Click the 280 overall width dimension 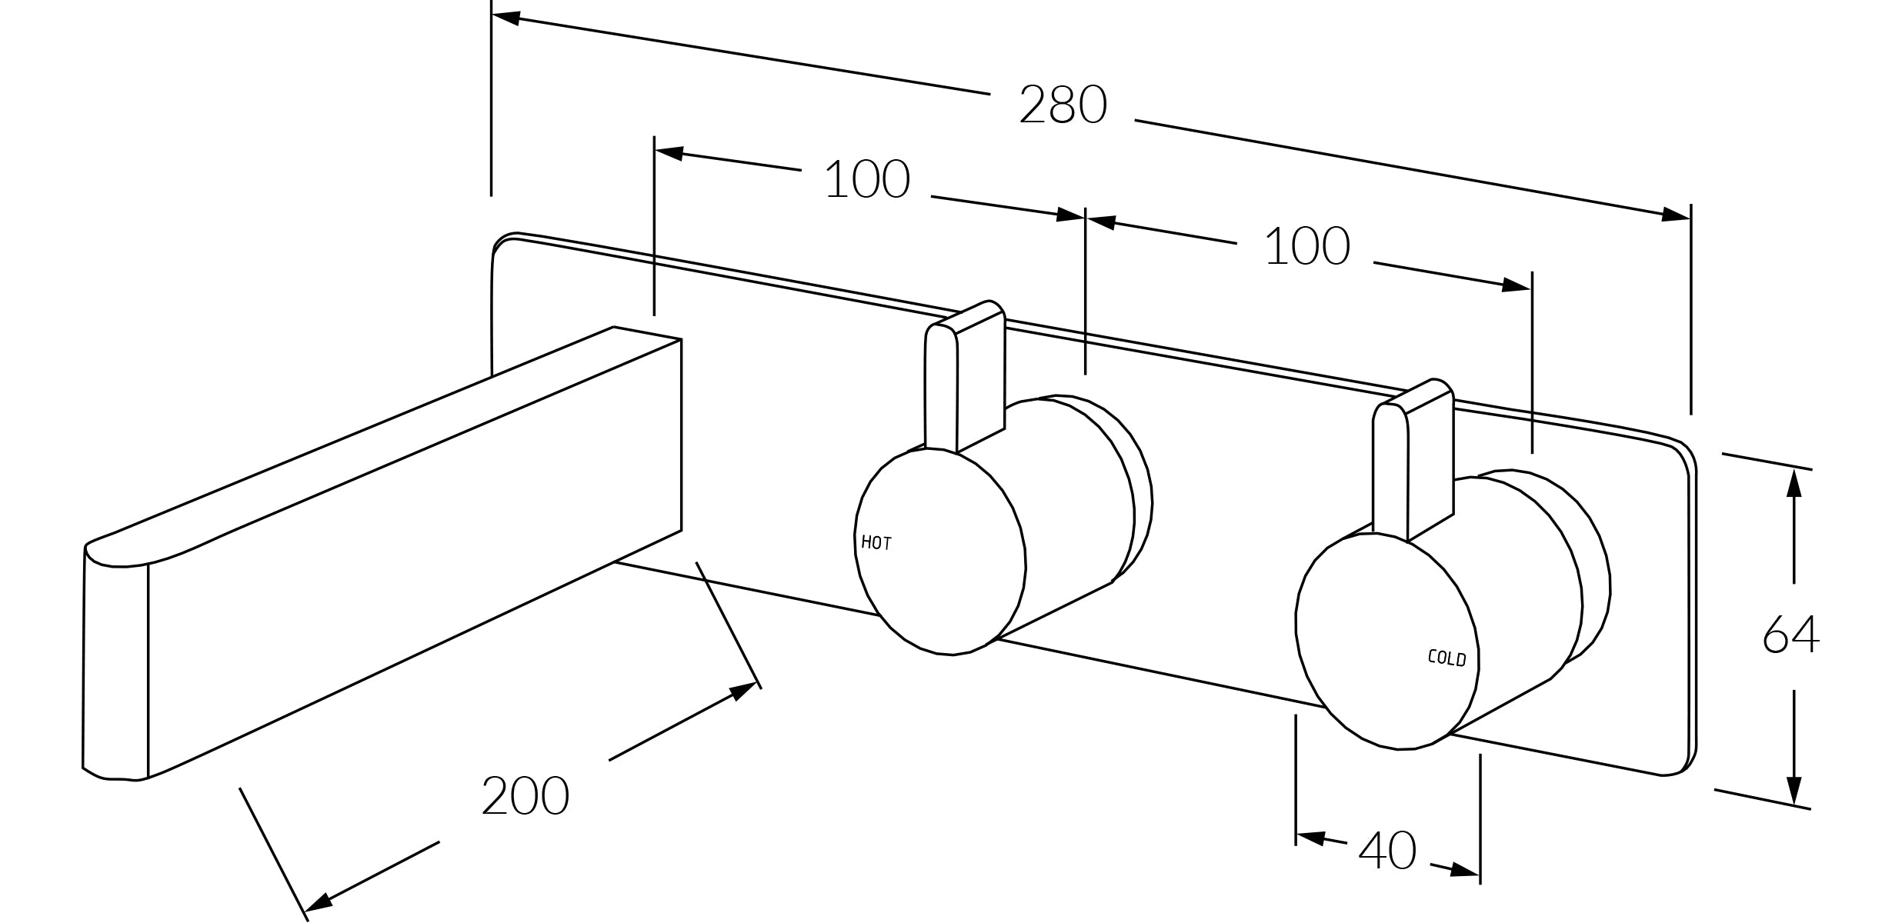click(1063, 105)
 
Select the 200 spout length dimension click(525, 796)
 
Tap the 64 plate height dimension click(1790, 635)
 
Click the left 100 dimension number click(866, 180)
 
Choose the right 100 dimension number click(1306, 247)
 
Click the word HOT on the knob click(876, 543)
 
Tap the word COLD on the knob click(1447, 658)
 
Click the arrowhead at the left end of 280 click(506, 17)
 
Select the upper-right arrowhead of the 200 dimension click(742, 691)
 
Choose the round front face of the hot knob click(939, 552)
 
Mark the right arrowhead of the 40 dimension click(1463, 870)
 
